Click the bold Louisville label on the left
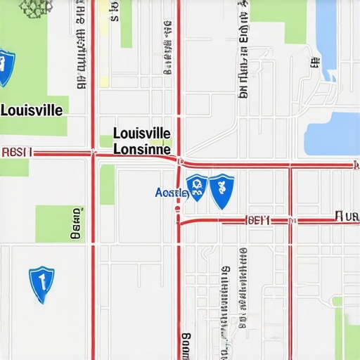tap(32, 110)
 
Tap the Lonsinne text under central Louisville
tap(141, 149)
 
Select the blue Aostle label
tap(171, 192)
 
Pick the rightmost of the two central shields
tap(222, 191)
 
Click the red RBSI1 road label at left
tap(17, 151)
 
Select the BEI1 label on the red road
tap(259, 220)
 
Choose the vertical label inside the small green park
tap(75, 224)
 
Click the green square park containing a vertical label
tap(58, 224)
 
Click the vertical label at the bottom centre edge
tap(186, 346)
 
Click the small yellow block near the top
tap(104, 80)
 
